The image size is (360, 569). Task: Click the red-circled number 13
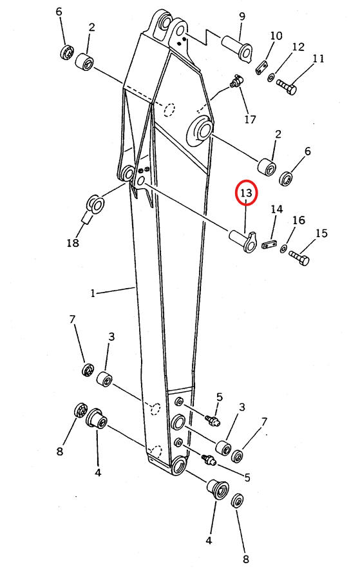pos(246,193)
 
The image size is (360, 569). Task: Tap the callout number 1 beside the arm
pos(93,293)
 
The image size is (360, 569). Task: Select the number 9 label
pos(242,16)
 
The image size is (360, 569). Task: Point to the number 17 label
pos(250,119)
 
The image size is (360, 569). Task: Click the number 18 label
pos(73,242)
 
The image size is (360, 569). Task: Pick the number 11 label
pos(318,59)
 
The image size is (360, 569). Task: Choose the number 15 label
pos(321,233)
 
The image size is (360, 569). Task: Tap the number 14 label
pos(277,209)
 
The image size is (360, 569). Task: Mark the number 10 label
pos(276,35)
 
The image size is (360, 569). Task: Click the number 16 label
pos(299,220)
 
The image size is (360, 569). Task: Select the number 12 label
pos(298,47)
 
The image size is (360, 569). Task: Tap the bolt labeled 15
pos(299,258)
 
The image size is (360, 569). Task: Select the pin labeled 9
pos(237,48)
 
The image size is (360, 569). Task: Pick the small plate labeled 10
pos(261,68)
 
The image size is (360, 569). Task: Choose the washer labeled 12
pos(270,77)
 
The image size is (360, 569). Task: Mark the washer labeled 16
pos(283,249)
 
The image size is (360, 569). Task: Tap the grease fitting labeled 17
pos(236,81)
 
